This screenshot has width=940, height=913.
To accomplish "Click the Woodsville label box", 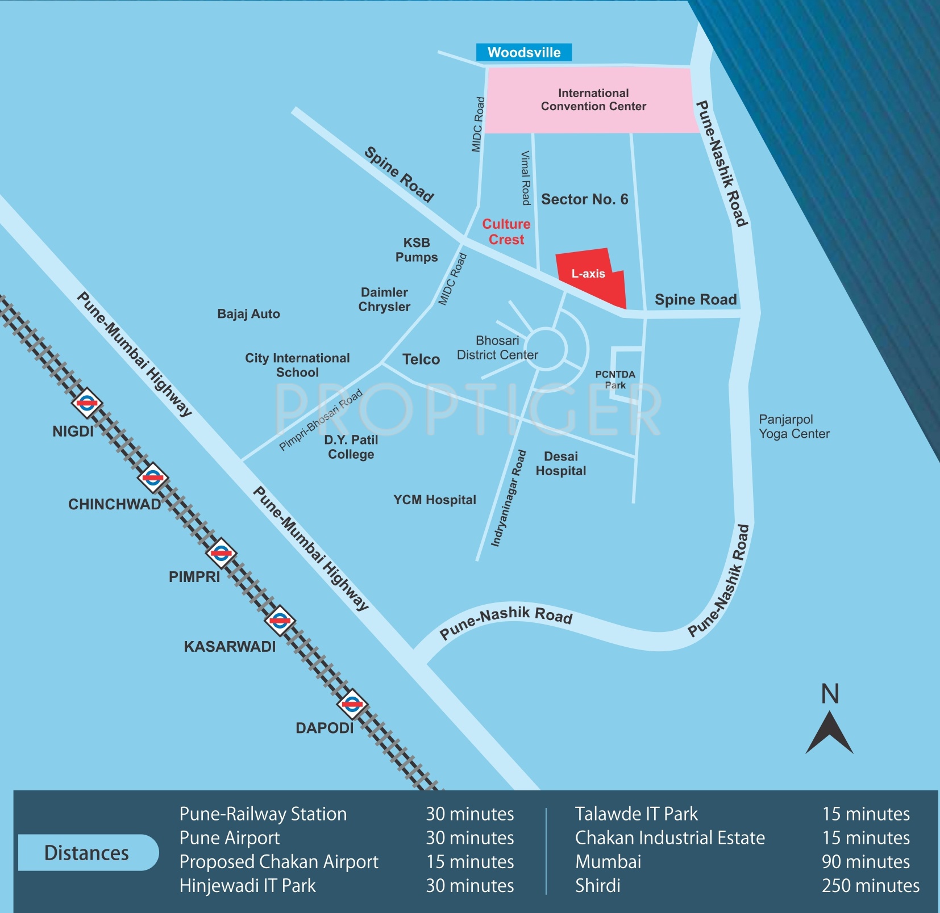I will pos(523,52).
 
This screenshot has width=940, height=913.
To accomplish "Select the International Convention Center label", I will pos(593,100).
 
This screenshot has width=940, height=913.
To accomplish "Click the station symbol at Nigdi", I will pos(87,403).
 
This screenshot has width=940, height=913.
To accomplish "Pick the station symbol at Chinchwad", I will pos(153,478).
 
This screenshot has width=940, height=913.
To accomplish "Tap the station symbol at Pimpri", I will pos(221,552).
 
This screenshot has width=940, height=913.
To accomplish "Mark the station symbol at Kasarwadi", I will pos(280,621).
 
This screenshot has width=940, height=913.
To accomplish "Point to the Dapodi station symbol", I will pos(352,705).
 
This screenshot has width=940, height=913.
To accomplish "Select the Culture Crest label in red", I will pos(506,232).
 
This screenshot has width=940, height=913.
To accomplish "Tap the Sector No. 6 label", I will pos(584,199).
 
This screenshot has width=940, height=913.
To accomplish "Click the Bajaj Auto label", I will pos(248,314).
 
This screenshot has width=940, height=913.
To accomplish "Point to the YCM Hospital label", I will pos(435,500).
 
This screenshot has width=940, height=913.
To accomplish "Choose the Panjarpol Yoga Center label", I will pos(794,426).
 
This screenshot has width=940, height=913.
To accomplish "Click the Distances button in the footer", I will pos(88,853).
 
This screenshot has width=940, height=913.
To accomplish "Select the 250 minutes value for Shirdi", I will pos(870,885).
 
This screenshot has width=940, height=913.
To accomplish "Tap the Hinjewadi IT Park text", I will pos(247,885).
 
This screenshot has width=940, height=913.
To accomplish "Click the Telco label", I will pos(421,359).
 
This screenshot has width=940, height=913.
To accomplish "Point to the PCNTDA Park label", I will pos(615,379).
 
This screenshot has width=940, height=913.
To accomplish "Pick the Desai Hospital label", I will pos(561,463).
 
